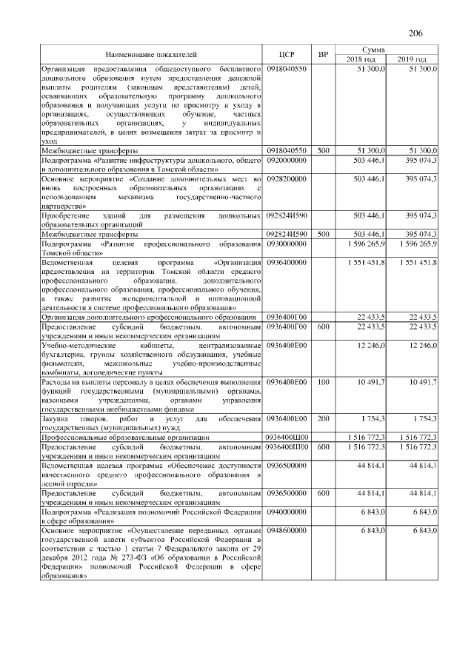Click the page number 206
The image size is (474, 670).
(x=415, y=33)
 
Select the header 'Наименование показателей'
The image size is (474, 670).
(x=151, y=55)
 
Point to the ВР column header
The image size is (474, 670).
(x=324, y=55)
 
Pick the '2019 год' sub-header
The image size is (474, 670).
(x=413, y=59)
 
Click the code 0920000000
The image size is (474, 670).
(x=286, y=159)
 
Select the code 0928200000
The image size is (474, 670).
(x=286, y=179)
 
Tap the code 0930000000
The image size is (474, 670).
(x=286, y=243)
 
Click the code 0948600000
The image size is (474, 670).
(x=286, y=531)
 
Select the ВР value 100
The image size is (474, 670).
(x=323, y=382)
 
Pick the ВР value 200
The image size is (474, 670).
(x=323, y=418)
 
